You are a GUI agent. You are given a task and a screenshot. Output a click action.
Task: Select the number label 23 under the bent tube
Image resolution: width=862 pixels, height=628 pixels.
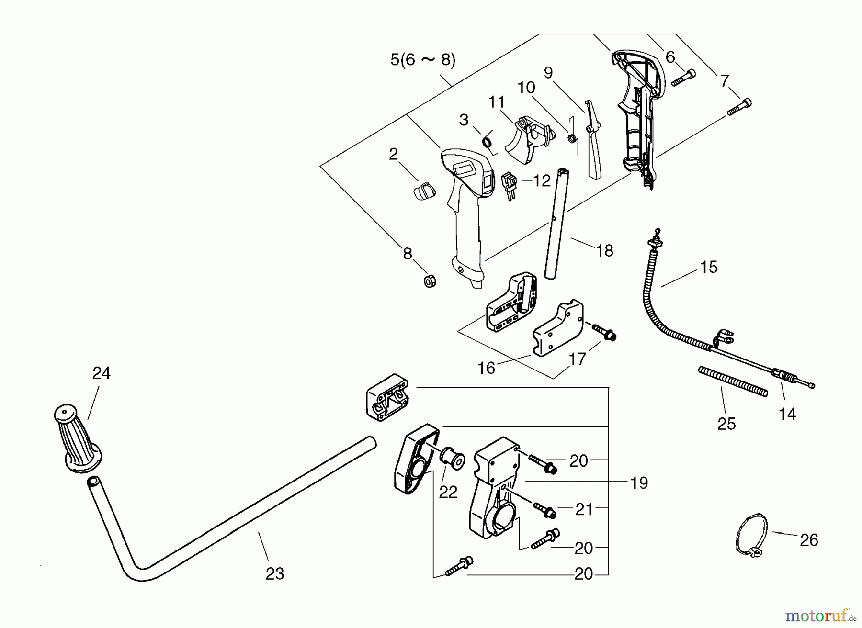tap(275, 573)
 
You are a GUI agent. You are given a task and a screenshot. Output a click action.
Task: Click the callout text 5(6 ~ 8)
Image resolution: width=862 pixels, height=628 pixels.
tap(423, 60)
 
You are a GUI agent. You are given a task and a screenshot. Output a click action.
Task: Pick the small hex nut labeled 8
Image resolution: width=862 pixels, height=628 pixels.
tap(430, 281)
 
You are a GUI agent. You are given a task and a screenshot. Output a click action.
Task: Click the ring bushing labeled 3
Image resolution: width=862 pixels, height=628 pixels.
tap(489, 142)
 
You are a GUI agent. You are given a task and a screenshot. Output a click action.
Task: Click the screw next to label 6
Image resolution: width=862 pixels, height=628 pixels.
tap(684, 78)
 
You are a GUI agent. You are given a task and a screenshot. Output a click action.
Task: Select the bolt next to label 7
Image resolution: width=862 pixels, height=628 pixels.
tap(739, 107)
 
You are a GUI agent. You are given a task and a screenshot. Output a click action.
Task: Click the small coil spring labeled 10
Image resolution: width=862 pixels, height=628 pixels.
tap(571, 138)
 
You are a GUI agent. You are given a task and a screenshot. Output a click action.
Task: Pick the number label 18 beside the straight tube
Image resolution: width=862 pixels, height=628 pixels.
tap(605, 250)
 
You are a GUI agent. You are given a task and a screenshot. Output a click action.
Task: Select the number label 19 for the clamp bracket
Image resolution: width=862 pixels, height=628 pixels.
tap(639, 482)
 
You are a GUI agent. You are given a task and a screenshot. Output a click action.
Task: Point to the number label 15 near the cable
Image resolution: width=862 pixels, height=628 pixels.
tap(709, 267)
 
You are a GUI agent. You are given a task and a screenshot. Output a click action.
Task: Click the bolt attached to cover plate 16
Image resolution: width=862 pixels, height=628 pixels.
tap(604, 332)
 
